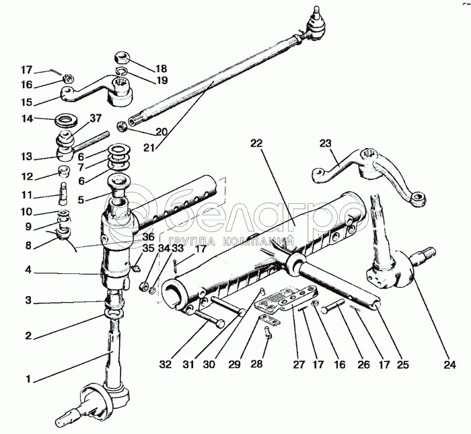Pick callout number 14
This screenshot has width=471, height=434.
click(28, 118)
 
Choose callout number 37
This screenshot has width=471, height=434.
click(96, 118)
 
